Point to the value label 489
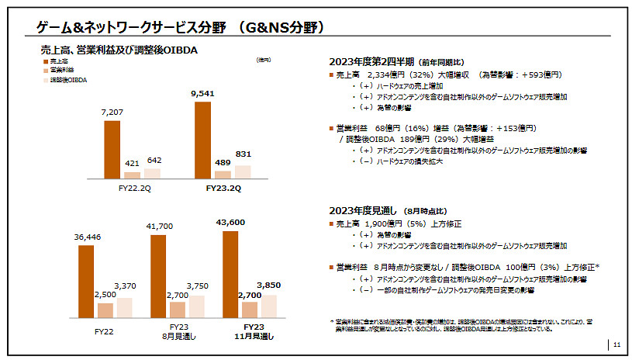(223, 164)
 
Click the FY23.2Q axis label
(223, 188)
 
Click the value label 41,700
(158, 227)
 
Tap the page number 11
(616, 344)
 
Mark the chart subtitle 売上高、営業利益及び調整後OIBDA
(120, 49)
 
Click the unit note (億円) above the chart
(263, 60)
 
